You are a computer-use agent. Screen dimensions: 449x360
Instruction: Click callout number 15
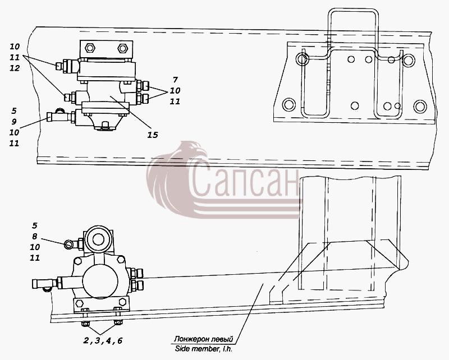tap(153, 135)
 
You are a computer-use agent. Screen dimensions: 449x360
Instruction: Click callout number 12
tap(15, 68)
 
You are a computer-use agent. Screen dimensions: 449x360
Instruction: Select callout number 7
tap(175, 80)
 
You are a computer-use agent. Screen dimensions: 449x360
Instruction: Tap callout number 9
tap(14, 122)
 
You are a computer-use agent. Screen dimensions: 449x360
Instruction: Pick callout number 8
tap(35, 237)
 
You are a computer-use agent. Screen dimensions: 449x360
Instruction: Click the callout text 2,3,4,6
tap(103, 340)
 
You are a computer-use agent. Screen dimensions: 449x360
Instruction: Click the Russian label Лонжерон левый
tap(204, 339)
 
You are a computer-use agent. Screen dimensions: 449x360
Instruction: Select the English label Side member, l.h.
tap(204, 349)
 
